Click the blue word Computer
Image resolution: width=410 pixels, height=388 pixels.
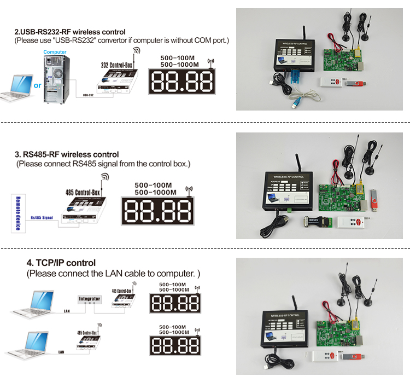[x=55, y=53]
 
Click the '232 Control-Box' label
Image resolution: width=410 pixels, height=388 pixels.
[x=116, y=65]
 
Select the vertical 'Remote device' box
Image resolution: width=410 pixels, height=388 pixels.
[x=17, y=212]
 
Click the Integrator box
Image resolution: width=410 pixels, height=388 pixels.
[x=90, y=299]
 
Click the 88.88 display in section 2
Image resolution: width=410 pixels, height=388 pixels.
[x=181, y=81]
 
